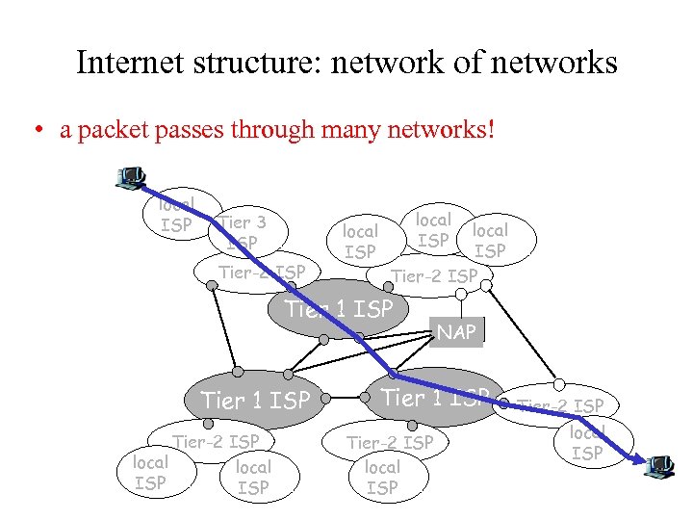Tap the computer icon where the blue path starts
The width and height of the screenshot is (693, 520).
coord(129,178)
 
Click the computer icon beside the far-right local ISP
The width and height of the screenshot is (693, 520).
coord(660,466)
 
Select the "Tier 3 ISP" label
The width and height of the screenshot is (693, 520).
coord(243,232)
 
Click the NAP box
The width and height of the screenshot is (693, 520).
coord(456,332)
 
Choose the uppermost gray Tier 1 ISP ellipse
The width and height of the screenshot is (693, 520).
coord(339,308)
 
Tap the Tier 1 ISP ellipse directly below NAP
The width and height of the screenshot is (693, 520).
coord(436,397)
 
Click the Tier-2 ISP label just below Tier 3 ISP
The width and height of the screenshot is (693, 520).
coord(262,273)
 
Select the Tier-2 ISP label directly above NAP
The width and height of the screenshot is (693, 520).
coord(434,275)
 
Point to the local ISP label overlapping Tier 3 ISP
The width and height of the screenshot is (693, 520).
coord(176,214)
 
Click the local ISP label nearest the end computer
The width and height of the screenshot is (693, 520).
coord(587,443)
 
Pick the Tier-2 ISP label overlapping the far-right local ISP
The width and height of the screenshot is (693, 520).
coord(561,405)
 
